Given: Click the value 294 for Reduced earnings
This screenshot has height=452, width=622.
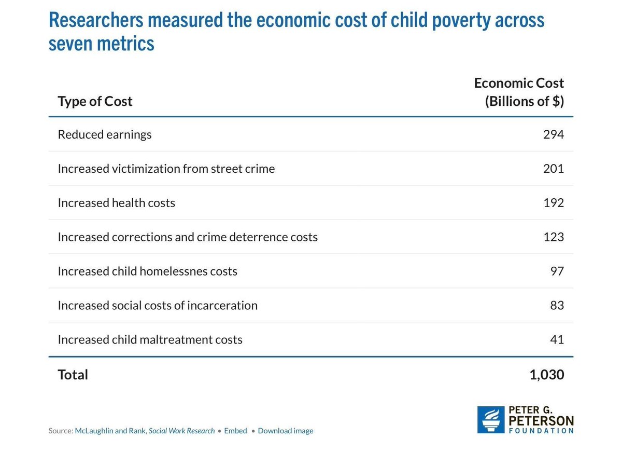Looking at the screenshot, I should pyautogui.click(x=553, y=134).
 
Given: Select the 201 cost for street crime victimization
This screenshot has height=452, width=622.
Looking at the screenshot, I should pyautogui.click(x=553, y=169).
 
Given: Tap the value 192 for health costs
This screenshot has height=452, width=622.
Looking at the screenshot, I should pyautogui.click(x=553, y=203).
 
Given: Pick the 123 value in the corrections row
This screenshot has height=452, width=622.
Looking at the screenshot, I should pyautogui.click(x=553, y=237).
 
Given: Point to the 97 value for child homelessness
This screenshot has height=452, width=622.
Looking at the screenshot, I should pyautogui.click(x=557, y=271).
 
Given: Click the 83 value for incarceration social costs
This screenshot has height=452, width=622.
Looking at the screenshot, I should pyautogui.click(x=557, y=306).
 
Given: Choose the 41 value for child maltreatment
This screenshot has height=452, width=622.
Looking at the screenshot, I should pyautogui.click(x=557, y=340).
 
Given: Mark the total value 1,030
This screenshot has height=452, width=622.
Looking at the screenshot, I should pyautogui.click(x=546, y=375).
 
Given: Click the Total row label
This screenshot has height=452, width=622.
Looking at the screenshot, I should pyautogui.click(x=73, y=375).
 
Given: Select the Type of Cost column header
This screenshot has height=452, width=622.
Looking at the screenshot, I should pyautogui.click(x=95, y=101).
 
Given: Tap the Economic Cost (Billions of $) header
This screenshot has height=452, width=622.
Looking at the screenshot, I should pyautogui.click(x=519, y=92).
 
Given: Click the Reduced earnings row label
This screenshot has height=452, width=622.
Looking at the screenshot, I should pyautogui.click(x=105, y=134).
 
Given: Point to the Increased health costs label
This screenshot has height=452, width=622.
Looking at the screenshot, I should pyautogui.click(x=116, y=203).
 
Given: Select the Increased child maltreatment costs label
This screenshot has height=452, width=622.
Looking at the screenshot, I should pyautogui.click(x=150, y=340).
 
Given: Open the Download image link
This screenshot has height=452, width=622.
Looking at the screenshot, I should pyautogui.click(x=285, y=431).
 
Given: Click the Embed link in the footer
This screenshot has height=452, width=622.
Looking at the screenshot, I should pyautogui.click(x=235, y=431).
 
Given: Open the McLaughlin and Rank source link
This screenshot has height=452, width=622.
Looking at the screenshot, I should pyautogui.click(x=145, y=431).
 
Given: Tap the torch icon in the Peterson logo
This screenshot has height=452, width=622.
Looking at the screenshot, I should pyautogui.click(x=490, y=419).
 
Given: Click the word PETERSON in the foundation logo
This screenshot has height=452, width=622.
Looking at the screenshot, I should pyautogui.click(x=541, y=420).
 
